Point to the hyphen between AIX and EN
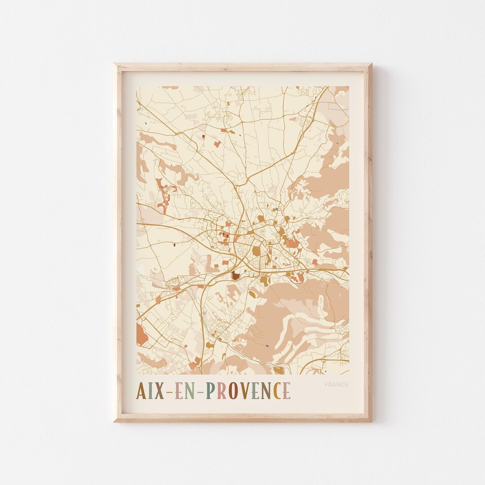pos(169,392)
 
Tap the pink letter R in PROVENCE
pos(221,391)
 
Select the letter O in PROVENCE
pos(233,391)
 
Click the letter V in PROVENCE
pos(244,391)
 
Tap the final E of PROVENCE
pos(287,391)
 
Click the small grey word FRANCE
pos(336,384)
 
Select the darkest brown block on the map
pos(235,276)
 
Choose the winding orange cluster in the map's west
pos(163,194)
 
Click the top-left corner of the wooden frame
pos(115,64)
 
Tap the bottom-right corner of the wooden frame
pos(371,421)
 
